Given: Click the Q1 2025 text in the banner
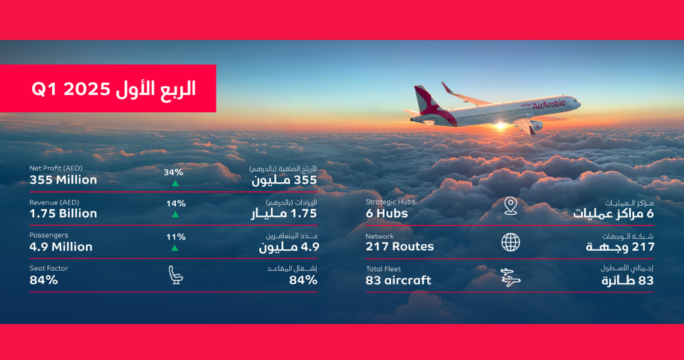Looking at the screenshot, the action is coord(71,89).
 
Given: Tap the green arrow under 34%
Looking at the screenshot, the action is coord(175,184).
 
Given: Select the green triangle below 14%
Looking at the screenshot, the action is coord(175,215).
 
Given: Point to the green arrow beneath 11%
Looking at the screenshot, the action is coord(175,248).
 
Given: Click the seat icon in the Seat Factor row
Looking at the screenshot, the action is coord(176,275).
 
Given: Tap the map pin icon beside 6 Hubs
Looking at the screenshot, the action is coord(511,206).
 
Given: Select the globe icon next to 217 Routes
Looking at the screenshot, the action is coord(511,242).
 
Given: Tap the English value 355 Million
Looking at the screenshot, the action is coord(63,180).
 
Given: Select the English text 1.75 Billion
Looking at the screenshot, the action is coord(63,214).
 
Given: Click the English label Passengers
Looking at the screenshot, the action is coord(49,235).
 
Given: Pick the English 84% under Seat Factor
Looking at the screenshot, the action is coord(44,280).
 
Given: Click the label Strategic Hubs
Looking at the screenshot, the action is coord(391,202).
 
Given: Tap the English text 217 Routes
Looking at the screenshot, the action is coord(400,247).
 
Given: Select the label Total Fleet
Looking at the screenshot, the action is coord(383,269).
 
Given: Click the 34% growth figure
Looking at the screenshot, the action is coord(173,172).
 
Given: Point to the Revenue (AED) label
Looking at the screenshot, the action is coord(54,202).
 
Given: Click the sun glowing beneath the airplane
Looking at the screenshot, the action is coord(500,127).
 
